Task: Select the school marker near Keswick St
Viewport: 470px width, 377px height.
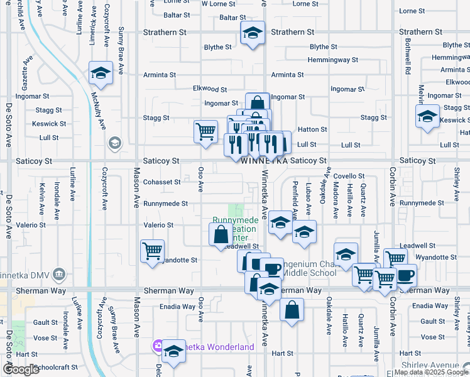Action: point(427,116)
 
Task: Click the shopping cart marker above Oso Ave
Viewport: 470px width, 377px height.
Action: point(205,131)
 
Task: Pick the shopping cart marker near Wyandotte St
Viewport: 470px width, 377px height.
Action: point(152,251)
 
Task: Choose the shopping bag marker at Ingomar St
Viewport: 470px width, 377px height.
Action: point(258,102)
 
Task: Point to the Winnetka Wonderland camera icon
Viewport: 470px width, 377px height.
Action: point(157,346)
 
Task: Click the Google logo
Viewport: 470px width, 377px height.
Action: point(21,369)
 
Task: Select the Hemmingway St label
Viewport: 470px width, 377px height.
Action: point(332,60)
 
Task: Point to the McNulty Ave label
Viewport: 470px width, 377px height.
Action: point(99,112)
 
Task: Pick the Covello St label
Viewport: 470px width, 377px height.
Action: point(349,176)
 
